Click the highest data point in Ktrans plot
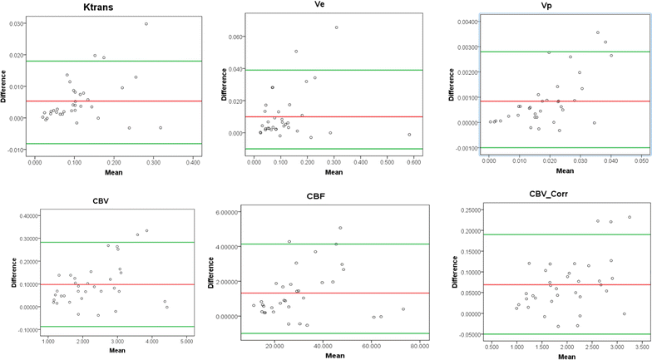point(146,24)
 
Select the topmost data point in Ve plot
point(337,27)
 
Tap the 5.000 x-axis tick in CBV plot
point(186,342)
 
